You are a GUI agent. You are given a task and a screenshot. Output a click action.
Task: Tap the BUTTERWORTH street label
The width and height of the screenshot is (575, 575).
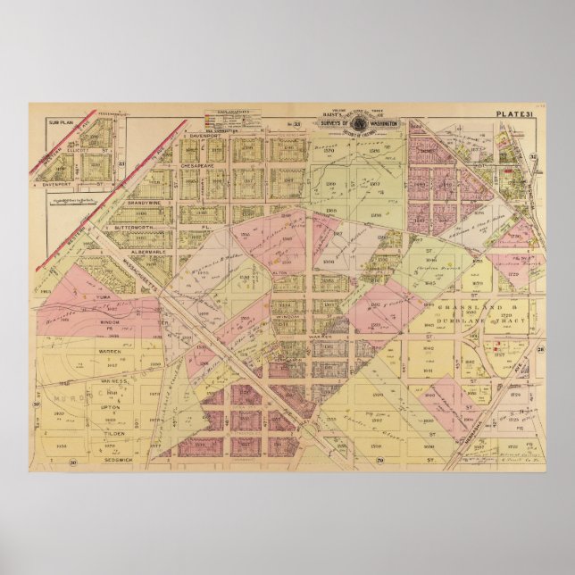click(143, 228)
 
